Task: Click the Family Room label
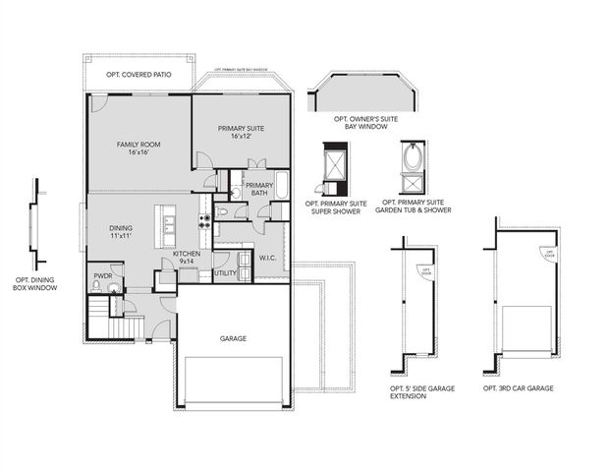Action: pyautogui.click(x=139, y=148)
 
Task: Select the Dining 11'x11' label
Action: pyautogui.click(x=121, y=233)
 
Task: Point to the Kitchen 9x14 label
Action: pyautogui.click(x=187, y=258)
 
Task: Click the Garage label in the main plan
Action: pyautogui.click(x=233, y=338)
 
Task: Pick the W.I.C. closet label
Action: pyautogui.click(x=268, y=258)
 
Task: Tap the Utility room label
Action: pyautogui.click(x=225, y=272)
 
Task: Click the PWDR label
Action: pyautogui.click(x=102, y=276)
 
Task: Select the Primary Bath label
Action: pyautogui.click(x=258, y=189)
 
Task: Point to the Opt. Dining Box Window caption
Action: pyautogui.click(x=34, y=285)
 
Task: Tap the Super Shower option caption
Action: pyautogui.click(x=336, y=208)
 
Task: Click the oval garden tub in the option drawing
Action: pyautogui.click(x=414, y=158)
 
